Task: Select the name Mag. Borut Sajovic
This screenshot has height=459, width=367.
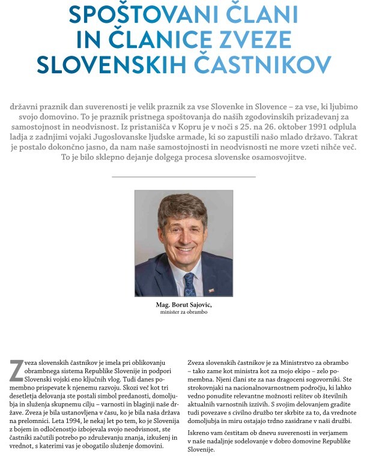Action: (184, 305)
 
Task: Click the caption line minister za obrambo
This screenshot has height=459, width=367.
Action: (184, 313)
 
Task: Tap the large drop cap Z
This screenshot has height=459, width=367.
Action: (16, 370)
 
